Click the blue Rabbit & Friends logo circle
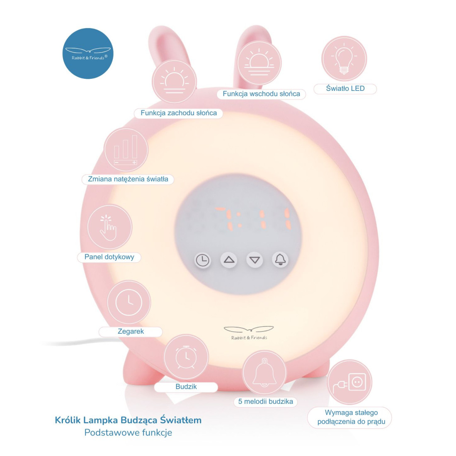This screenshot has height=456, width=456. (x=87, y=53)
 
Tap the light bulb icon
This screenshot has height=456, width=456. (x=344, y=59)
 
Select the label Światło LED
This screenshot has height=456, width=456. (x=345, y=89)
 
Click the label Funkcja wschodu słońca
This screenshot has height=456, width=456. (x=261, y=94)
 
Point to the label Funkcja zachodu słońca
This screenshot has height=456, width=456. (x=178, y=113)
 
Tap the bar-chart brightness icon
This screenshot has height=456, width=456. (x=126, y=150)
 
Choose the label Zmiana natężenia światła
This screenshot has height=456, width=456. (x=128, y=179)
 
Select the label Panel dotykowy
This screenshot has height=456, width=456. (x=109, y=257)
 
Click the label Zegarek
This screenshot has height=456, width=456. (x=131, y=332)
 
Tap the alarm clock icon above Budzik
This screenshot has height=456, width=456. (x=186, y=357)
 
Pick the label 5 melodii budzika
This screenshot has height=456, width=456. (x=265, y=402)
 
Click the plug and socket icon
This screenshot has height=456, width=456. (x=349, y=382)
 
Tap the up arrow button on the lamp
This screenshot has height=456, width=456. (x=229, y=260)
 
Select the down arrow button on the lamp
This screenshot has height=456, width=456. (x=255, y=260)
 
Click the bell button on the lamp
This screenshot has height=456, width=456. (x=281, y=260)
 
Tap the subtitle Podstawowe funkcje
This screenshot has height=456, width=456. (x=128, y=433)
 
